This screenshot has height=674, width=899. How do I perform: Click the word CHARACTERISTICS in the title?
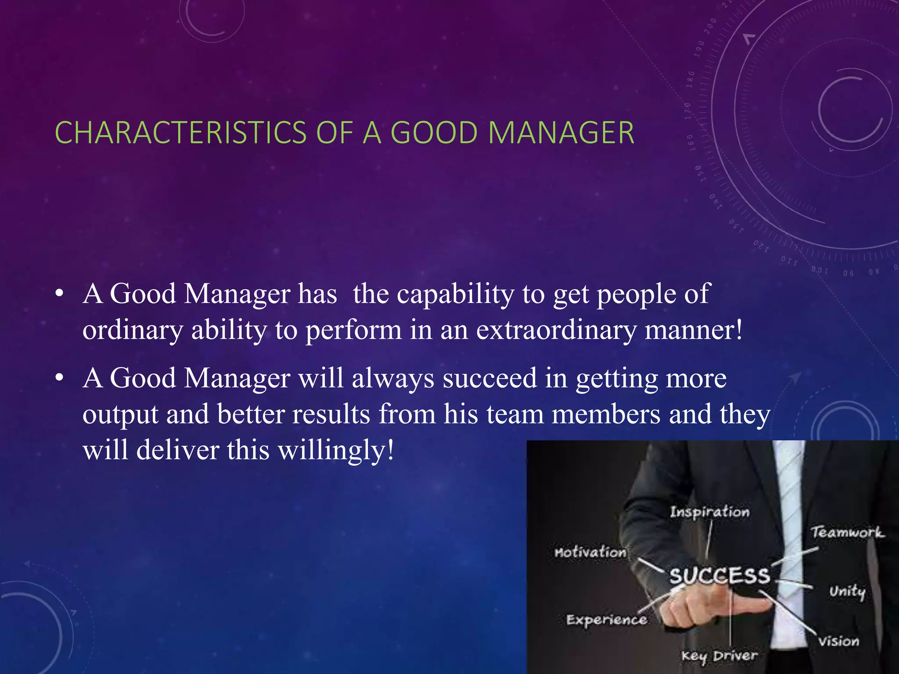click(180, 133)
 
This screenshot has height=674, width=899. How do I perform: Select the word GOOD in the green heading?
click(434, 133)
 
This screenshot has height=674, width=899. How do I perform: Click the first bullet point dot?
click(60, 293)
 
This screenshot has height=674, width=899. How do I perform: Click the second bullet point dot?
click(60, 377)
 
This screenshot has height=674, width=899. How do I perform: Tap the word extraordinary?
click(556, 330)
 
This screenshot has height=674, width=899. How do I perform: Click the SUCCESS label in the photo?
click(719, 575)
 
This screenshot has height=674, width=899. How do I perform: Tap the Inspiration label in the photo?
click(709, 512)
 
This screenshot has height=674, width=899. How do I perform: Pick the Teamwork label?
click(847, 532)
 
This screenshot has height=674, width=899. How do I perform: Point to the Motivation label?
click(590, 552)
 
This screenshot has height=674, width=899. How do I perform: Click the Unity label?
click(847, 592)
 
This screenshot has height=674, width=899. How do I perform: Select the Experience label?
click(606, 620)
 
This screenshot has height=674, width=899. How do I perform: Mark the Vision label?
click(838, 642)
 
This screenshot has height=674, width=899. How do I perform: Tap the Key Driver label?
click(719, 656)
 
